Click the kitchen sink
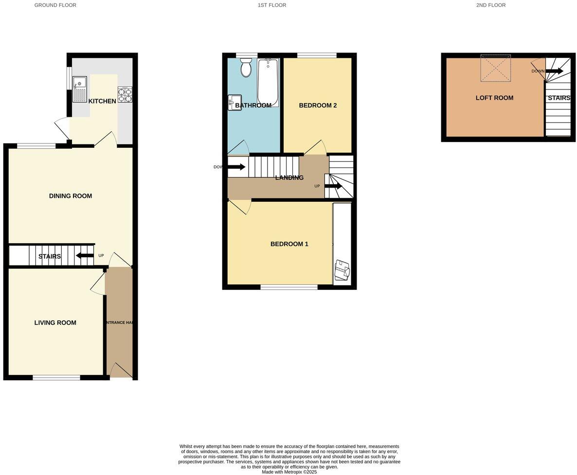pos(79,89)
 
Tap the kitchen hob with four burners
pos(125,95)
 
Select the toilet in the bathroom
pos(246,68)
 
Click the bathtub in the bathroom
pos(267,82)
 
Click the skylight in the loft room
pos(496,68)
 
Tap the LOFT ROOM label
pos(494,98)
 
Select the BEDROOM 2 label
pos(318,106)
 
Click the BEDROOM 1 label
pos(289,244)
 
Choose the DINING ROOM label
pos(71,196)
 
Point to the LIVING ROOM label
pos(55,322)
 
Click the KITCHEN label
pos(102,101)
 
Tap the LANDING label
pos(289,177)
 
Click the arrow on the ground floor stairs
pos(85,256)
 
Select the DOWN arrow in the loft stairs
pos(554,71)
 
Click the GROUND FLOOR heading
pos(55,5)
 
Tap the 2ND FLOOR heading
pos(490,5)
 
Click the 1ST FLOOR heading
pos(272,5)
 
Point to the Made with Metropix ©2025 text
pos(289,472)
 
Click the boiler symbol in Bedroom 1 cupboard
pos(342,270)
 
